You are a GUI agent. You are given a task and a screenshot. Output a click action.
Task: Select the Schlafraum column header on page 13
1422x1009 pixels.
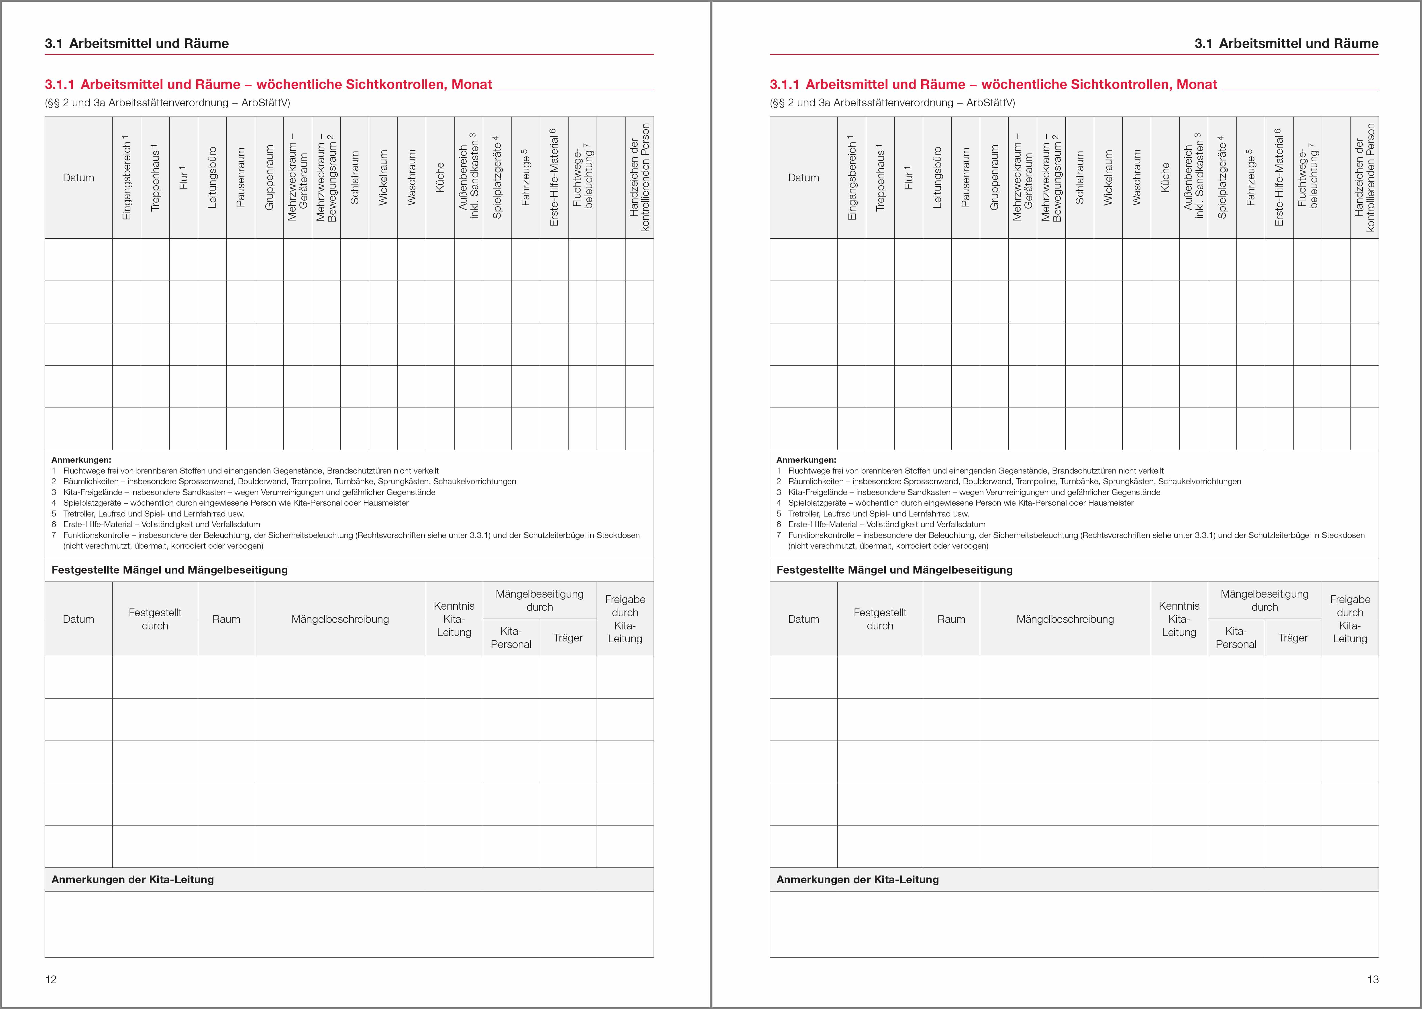coord(1080,178)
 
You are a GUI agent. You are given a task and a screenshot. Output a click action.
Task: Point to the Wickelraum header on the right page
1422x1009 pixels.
coord(1108,178)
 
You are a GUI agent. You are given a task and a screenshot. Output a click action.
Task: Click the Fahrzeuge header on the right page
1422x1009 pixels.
coord(1250,178)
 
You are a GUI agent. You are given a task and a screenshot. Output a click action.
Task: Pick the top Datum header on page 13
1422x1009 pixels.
coord(803,178)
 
